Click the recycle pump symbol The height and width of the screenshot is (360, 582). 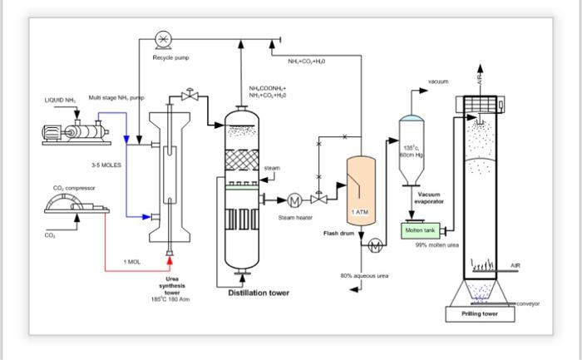point(163,38)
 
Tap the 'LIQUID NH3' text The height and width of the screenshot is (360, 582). point(59,101)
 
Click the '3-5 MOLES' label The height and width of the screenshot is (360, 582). point(106,165)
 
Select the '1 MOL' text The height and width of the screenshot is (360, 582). point(132,261)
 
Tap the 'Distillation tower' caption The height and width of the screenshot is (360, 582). point(259,293)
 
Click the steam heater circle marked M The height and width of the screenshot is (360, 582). point(293,200)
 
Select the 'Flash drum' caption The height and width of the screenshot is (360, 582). point(339,234)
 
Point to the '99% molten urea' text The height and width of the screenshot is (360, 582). point(437,244)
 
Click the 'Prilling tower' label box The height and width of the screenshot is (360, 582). point(483,314)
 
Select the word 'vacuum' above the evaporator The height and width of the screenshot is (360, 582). point(439,81)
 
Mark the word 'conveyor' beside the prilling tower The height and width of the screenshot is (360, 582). point(528,303)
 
